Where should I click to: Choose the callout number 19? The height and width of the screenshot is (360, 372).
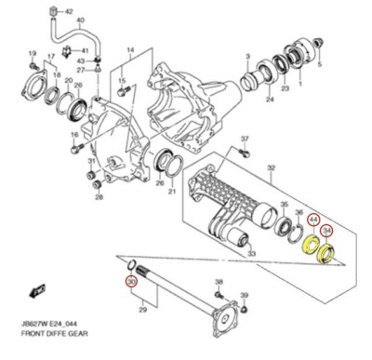click(32, 54)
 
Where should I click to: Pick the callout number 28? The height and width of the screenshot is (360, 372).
click(99, 197)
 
